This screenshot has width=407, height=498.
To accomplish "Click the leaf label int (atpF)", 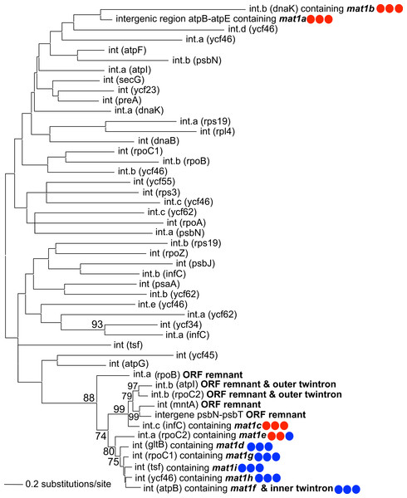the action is pos(127,50).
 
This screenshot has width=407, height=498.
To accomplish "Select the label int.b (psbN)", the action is pos(197,61).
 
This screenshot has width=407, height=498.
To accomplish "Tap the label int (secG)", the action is pos(124,80).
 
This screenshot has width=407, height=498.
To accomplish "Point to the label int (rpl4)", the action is pos(218,131).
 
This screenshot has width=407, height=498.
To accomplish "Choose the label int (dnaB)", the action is pos(159,141).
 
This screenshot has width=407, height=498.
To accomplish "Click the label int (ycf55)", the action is pos(154,182).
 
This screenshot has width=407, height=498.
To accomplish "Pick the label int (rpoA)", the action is pos(186,223).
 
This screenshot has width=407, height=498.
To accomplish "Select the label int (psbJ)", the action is pos(195,264).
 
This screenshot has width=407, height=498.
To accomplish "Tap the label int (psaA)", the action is pos(159,284).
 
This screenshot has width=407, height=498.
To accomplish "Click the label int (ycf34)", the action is pos(181,325).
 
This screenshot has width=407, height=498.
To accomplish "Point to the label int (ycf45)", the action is pos(197,355).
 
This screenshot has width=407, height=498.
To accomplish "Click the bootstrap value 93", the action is pos(97,325).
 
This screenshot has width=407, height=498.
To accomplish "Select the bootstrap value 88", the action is pos(89,398).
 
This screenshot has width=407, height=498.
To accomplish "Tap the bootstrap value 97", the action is pos(133,386).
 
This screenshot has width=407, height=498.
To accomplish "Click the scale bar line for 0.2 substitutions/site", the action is pos(13,485).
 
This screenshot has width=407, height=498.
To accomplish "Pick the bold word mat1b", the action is pos(360,8).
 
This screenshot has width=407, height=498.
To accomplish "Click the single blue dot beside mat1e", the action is pos(289,436).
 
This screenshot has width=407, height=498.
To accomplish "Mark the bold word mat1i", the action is pos(224,467).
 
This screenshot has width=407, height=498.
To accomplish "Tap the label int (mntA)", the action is pos(178,405).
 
